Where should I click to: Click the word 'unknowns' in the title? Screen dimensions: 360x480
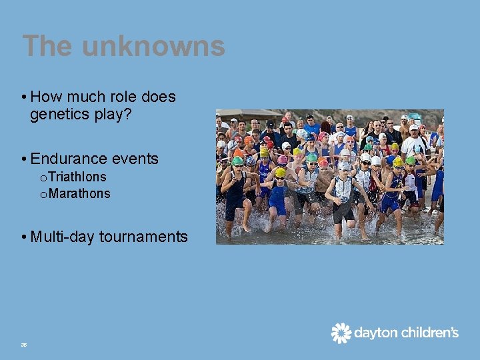(153, 47)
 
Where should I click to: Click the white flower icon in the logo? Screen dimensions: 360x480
(341, 333)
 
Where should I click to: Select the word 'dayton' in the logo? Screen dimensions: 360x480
(375, 333)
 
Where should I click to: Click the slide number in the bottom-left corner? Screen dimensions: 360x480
(23, 344)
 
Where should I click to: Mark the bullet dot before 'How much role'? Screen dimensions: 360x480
(24, 97)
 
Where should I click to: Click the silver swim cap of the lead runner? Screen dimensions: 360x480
(344, 165)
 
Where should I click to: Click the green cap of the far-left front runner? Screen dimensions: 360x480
(237, 161)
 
